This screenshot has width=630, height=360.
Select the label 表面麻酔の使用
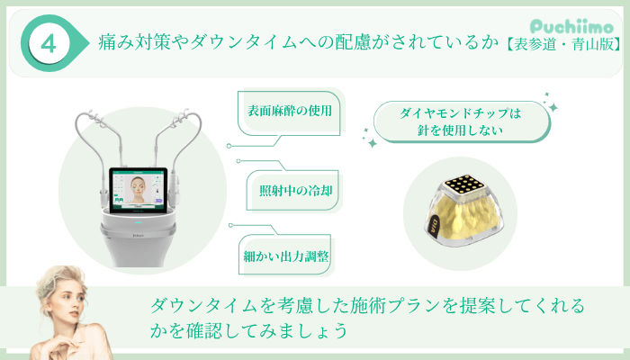pyautogui.click(x=290, y=112)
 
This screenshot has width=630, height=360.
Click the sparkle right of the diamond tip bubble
pyautogui.click(x=553, y=107)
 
